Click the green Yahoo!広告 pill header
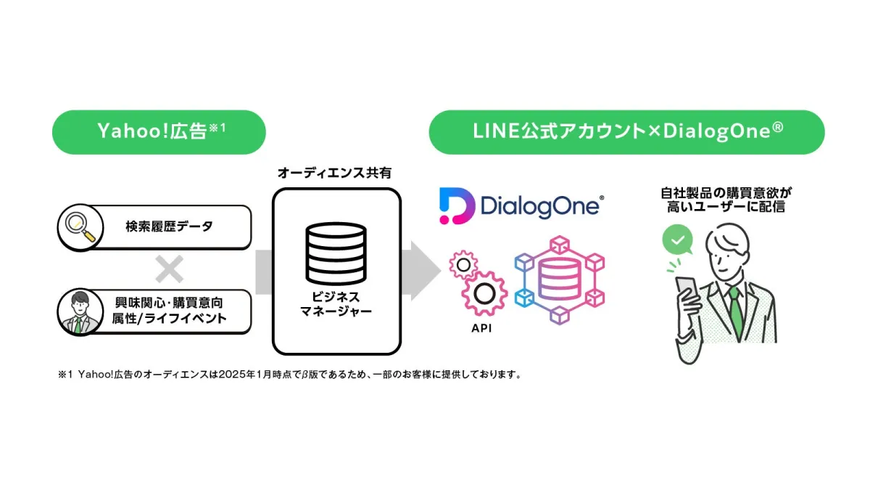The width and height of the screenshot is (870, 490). point(159,132)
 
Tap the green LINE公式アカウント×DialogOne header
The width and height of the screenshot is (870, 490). point(626,132)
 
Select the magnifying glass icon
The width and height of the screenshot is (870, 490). point(78,226)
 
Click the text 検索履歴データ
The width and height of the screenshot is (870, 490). point(169,226)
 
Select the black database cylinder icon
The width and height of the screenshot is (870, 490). point(336,251)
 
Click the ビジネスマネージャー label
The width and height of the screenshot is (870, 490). point(336,305)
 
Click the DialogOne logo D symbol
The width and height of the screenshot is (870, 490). point(456,205)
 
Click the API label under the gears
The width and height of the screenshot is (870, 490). point(482,327)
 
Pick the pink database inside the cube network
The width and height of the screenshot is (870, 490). point(559,277)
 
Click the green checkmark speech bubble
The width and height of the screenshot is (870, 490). point(677,240)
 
